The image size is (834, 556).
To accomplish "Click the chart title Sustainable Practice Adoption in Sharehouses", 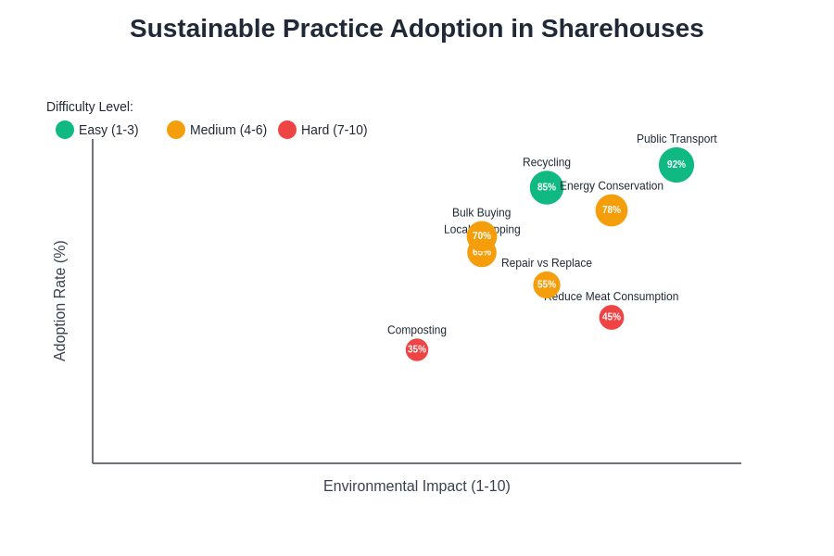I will (x=416, y=29).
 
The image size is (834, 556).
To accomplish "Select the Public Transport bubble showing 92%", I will (x=676, y=165).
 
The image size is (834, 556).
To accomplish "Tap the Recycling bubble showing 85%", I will (x=547, y=187).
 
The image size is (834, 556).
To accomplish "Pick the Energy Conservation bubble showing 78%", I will (x=612, y=210).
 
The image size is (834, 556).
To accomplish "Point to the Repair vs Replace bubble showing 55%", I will (x=547, y=284).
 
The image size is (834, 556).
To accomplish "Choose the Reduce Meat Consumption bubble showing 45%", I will (x=612, y=317).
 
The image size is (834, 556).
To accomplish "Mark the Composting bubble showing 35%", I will (x=417, y=349).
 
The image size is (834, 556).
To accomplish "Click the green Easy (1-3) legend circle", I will (x=65, y=130).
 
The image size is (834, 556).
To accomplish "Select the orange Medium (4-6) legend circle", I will (x=176, y=130).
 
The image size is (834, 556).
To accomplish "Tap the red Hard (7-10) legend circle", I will (x=287, y=130).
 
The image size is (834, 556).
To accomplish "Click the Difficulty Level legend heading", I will (x=90, y=107).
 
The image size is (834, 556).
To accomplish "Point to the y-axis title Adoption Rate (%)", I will (x=60, y=301).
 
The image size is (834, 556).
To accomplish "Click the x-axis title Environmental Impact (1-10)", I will (x=416, y=486).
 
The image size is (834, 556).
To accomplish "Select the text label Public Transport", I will (x=676, y=139).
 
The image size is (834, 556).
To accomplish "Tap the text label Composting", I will (x=417, y=330).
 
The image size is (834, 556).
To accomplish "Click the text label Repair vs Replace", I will (x=547, y=263).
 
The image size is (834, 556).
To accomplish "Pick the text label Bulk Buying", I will (x=481, y=212).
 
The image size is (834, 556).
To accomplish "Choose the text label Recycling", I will (x=547, y=162).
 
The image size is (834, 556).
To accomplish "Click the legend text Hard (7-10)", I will (x=334, y=130).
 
